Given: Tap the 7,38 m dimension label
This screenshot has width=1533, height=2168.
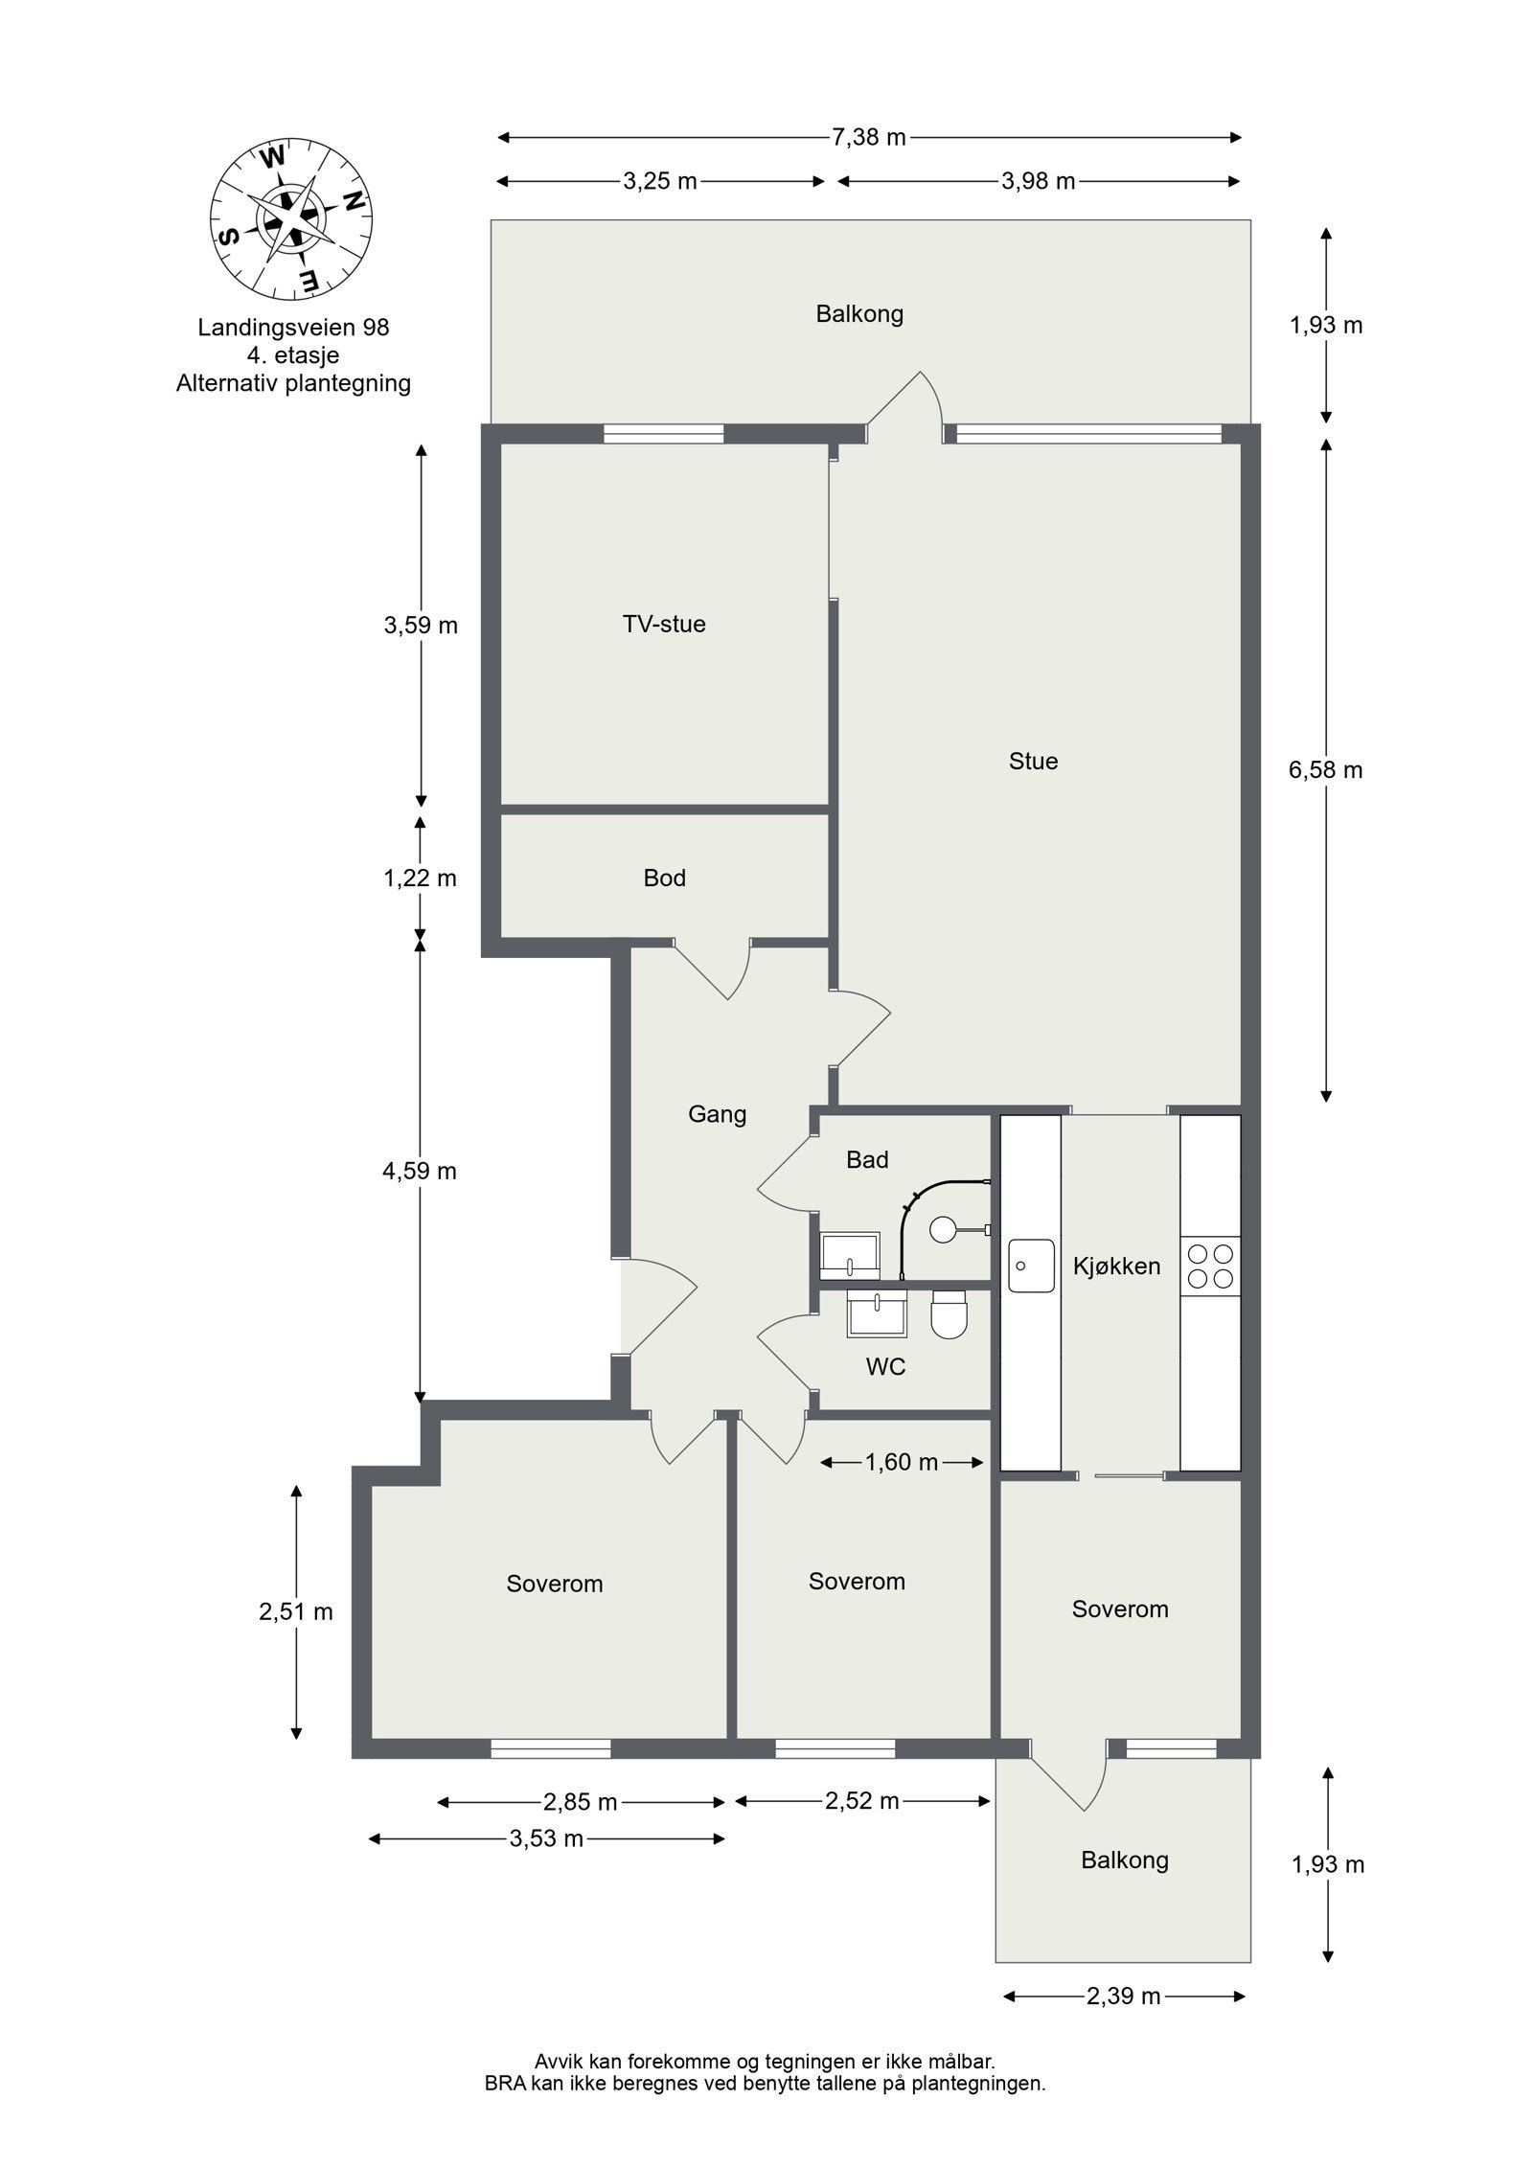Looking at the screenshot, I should point(867,137).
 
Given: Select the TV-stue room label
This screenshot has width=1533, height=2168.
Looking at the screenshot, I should point(663,624).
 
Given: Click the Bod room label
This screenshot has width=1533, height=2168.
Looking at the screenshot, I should point(664,878).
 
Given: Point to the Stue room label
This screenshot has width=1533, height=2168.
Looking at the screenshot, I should point(1032,761).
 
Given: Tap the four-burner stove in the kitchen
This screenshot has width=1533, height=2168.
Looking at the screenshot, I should point(1209,1266).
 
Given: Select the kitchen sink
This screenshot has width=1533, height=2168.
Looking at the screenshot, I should point(1030,1266).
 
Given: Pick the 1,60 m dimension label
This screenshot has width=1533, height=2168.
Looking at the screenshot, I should point(900,1462).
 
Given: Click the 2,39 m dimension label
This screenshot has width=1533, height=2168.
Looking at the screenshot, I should point(1122,1997).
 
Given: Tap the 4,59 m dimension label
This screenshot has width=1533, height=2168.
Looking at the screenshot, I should point(420,1171).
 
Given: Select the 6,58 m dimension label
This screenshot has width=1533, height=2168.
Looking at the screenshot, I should point(1324,770).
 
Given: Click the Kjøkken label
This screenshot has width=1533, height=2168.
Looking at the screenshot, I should point(1115,1267).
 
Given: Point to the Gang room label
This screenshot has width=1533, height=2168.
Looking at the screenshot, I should point(717,1113).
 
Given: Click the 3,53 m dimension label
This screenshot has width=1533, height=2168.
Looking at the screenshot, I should point(546,1838).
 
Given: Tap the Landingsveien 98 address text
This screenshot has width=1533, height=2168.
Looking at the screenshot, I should point(293,327).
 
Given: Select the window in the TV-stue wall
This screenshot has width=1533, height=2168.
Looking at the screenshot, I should point(663,434).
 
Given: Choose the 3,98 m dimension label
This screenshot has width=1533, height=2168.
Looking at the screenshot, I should point(1038,181).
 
